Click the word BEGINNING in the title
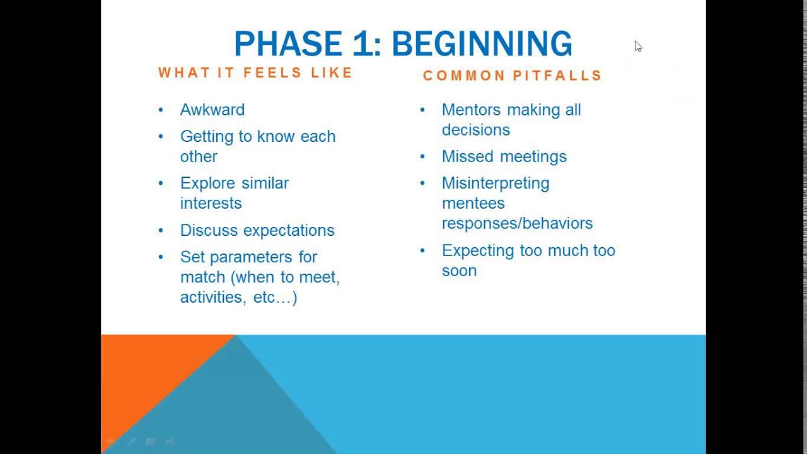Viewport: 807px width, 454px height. tap(482, 44)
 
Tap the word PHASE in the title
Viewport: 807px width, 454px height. tap(288, 44)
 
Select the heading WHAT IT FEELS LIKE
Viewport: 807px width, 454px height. tap(255, 73)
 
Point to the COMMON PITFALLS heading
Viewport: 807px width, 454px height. tap(513, 76)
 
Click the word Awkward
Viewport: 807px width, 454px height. tap(212, 110)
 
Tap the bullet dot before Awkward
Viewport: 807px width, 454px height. tap(161, 110)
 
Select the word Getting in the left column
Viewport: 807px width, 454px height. tap(207, 137)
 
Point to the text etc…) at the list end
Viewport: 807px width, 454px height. tap(276, 298)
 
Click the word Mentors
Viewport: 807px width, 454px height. tap(471, 110)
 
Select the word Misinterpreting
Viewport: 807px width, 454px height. tap(496, 183)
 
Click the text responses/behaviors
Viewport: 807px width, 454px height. tap(517, 224)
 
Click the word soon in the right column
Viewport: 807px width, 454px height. tap(460, 271)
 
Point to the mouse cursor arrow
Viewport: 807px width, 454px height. tap(638, 47)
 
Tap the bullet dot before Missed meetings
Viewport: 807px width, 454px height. tap(422, 156)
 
